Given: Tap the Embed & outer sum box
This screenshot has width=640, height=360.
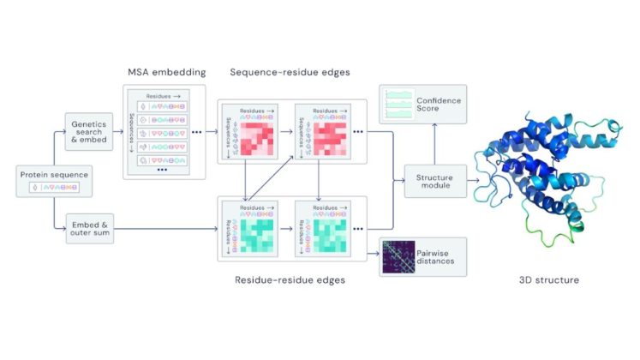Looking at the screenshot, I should [89, 229].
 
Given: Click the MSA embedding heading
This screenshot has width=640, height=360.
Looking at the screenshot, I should [162, 71].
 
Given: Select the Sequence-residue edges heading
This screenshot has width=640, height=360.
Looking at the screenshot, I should [291, 71].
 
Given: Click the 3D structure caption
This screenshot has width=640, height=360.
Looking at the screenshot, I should [549, 280].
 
